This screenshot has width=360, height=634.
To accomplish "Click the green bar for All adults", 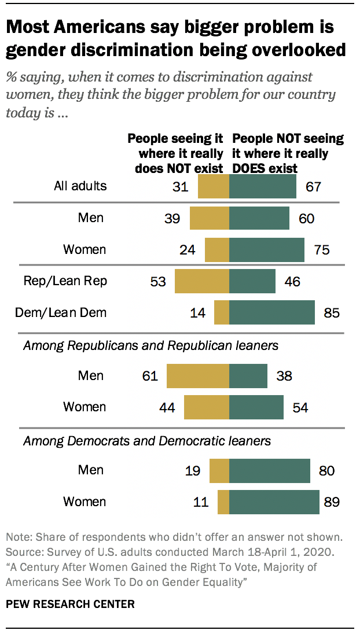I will click(x=263, y=187).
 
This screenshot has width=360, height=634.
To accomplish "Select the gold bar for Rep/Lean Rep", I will click(x=202, y=281).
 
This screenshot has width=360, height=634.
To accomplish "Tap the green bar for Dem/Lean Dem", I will click(x=271, y=313).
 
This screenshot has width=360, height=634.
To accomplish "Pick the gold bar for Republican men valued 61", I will click(x=198, y=376).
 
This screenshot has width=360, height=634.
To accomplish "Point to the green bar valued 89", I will click(x=274, y=502).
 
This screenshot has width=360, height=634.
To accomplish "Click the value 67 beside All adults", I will click(x=313, y=187).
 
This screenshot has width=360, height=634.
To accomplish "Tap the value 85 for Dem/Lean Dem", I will click(x=330, y=313).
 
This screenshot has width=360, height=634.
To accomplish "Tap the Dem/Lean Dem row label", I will click(x=61, y=313).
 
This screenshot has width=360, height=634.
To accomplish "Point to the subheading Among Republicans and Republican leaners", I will click(x=150, y=346).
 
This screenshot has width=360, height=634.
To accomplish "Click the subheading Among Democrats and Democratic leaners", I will click(x=146, y=441).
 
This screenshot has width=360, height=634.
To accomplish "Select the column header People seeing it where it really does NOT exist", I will click(x=175, y=154).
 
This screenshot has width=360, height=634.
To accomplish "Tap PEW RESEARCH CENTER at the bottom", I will click(x=70, y=604).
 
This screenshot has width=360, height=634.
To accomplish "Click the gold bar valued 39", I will click(x=210, y=218).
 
